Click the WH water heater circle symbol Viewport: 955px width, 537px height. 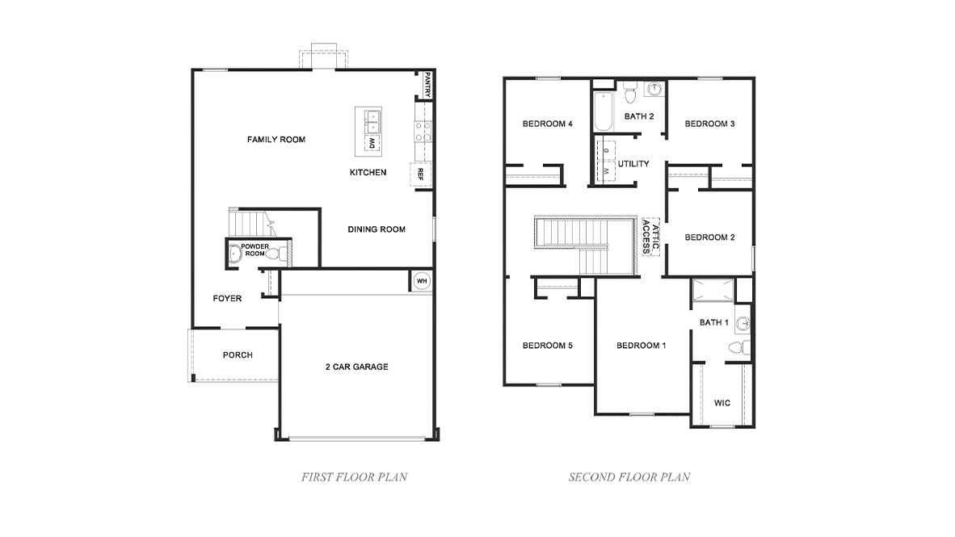point(421,281)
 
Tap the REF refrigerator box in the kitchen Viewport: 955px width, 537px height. point(420,174)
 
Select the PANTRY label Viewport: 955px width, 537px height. point(427,85)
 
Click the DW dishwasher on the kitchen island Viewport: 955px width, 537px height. point(372,144)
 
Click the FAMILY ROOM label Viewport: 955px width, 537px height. point(276,140)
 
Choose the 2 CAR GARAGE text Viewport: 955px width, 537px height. point(356,367)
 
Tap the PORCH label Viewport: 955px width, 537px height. point(238,355)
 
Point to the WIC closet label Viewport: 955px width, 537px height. point(722,402)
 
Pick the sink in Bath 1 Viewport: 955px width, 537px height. point(744,324)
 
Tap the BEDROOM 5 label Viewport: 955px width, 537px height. point(547,346)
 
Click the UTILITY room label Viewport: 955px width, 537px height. point(633,164)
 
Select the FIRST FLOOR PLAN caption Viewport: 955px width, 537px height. point(354,477)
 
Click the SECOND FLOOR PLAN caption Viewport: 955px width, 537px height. point(629,477)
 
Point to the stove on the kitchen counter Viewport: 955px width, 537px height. point(423,132)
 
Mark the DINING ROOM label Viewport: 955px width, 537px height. point(377,229)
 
